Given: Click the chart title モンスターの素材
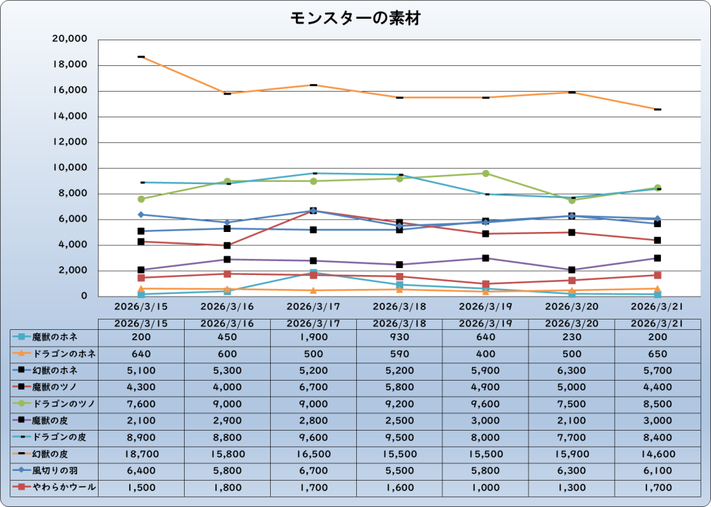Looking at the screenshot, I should (355, 19).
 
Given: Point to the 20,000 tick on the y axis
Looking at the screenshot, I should (69, 40).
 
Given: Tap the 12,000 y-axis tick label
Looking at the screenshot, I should (69, 142).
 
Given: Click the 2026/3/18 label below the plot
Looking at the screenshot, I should (399, 306).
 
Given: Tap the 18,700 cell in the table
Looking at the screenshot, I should (141, 454).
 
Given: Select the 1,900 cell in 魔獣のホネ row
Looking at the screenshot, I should (313, 337).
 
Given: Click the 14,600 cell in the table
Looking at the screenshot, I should (658, 454).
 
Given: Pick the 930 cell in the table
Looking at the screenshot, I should (399, 337).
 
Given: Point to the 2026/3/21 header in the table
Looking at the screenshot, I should (658, 323).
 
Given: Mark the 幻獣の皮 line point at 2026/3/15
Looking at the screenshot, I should (141, 57).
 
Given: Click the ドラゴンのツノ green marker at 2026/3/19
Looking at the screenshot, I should (485, 174).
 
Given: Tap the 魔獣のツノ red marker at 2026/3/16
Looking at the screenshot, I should (227, 245).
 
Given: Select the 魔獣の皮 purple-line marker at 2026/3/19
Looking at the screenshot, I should (485, 258).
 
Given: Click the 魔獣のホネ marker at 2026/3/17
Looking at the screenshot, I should (313, 272).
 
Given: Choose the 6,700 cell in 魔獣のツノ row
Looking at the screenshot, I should (313, 387).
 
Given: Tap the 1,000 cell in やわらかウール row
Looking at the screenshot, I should (485, 488).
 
